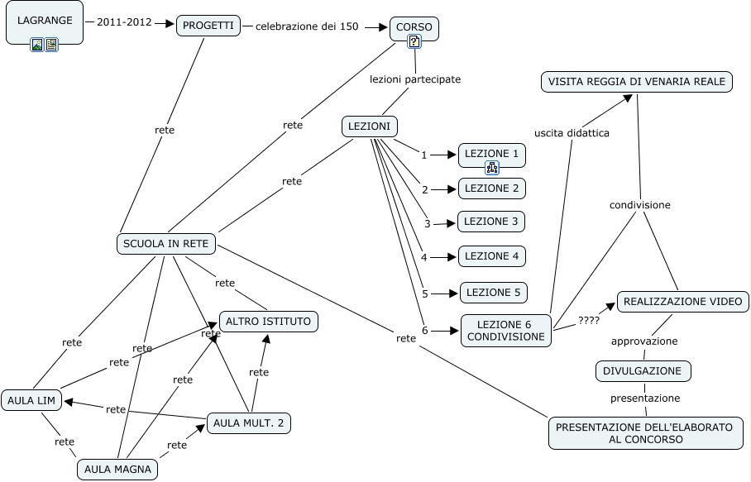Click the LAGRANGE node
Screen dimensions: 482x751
(x=45, y=21)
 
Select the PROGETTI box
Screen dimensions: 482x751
(x=208, y=26)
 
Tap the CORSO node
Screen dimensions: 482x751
(x=414, y=27)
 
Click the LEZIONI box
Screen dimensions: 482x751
(x=370, y=126)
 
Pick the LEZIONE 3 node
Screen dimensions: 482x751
(x=491, y=222)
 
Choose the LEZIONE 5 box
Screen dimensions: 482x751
(x=494, y=292)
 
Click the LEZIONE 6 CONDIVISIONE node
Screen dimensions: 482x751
(x=506, y=331)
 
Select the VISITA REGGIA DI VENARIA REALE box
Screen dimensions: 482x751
(x=637, y=81)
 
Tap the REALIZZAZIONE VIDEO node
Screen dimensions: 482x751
(x=683, y=301)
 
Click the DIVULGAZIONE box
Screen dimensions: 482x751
(x=643, y=371)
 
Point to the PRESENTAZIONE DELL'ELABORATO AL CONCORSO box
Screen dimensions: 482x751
(x=645, y=433)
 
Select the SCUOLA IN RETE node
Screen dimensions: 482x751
(x=167, y=244)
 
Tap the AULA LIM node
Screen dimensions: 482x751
(x=31, y=401)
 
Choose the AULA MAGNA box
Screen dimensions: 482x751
(x=117, y=470)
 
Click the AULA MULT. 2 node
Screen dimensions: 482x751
(x=248, y=423)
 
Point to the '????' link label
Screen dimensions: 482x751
(x=589, y=321)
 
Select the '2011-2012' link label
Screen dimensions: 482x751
(x=124, y=22)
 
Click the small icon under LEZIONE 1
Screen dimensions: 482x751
(x=492, y=168)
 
